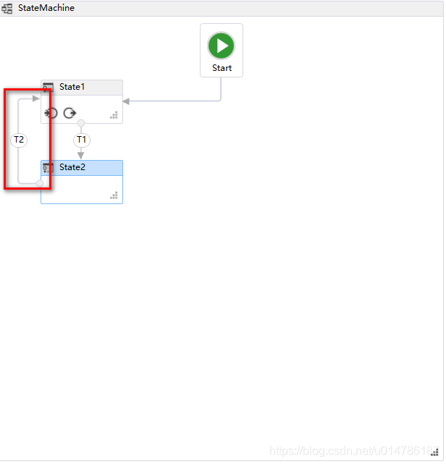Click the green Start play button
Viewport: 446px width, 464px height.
[222, 46]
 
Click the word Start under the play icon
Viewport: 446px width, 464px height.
[222, 68]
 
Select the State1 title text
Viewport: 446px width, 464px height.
[72, 87]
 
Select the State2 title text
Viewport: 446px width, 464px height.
[72, 167]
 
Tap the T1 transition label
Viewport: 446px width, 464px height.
[81, 139]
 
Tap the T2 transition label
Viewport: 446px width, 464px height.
[19, 139]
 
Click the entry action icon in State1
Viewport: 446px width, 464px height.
[51, 113]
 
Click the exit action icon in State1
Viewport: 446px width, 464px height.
[70, 113]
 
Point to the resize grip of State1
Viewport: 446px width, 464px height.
[114, 114]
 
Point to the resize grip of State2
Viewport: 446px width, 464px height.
[114, 195]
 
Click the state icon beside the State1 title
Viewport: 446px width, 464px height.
[48, 88]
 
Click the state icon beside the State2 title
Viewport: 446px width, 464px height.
[48, 168]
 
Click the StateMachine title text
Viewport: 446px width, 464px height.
[46, 8]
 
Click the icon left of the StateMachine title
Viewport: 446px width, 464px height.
[7, 8]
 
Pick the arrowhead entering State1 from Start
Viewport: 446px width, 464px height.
[127, 101]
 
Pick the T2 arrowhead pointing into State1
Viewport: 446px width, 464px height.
[36, 98]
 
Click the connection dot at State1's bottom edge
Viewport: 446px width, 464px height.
[81, 123]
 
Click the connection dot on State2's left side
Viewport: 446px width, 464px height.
[40, 183]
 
